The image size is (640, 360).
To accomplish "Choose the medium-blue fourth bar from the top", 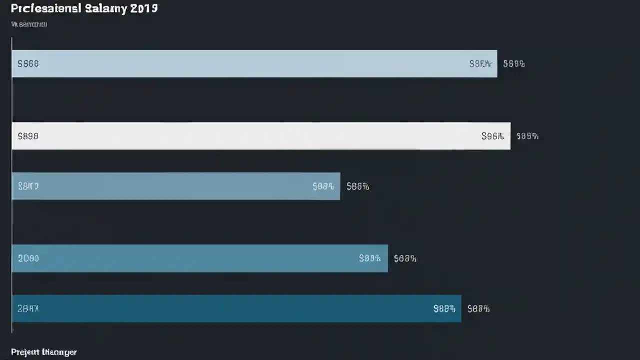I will click(x=200, y=258).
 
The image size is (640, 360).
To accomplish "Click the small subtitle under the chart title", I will click(x=29, y=24).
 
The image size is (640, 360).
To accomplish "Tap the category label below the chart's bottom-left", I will click(x=44, y=352).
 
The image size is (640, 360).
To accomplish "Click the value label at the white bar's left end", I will click(x=28, y=136).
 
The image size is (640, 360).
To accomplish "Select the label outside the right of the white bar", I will click(x=527, y=136).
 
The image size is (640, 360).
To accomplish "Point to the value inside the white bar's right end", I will click(x=492, y=136).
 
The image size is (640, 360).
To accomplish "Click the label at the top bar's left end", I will click(x=28, y=64).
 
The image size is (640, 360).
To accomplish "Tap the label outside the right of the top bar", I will click(x=514, y=64).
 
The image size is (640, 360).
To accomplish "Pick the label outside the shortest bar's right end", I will click(x=358, y=186).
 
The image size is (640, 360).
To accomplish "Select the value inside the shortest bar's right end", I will click(x=323, y=186).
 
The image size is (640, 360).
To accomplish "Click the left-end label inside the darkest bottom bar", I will click(x=28, y=309).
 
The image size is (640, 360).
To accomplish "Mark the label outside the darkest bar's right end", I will click(x=478, y=309).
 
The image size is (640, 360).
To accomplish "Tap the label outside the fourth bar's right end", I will click(x=405, y=258).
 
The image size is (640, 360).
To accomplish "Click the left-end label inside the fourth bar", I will click(x=28, y=258).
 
